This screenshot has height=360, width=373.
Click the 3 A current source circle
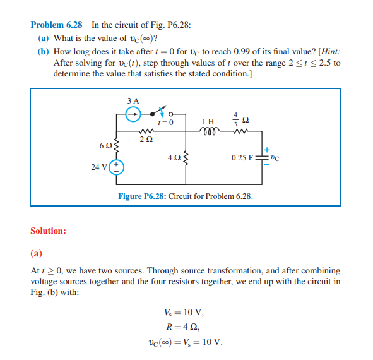(133, 114)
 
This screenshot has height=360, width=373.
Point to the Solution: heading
(48, 231)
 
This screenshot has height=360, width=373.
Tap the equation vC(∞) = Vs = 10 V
(184, 342)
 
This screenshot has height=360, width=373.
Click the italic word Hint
(331, 52)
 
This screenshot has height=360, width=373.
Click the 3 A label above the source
(133, 100)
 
